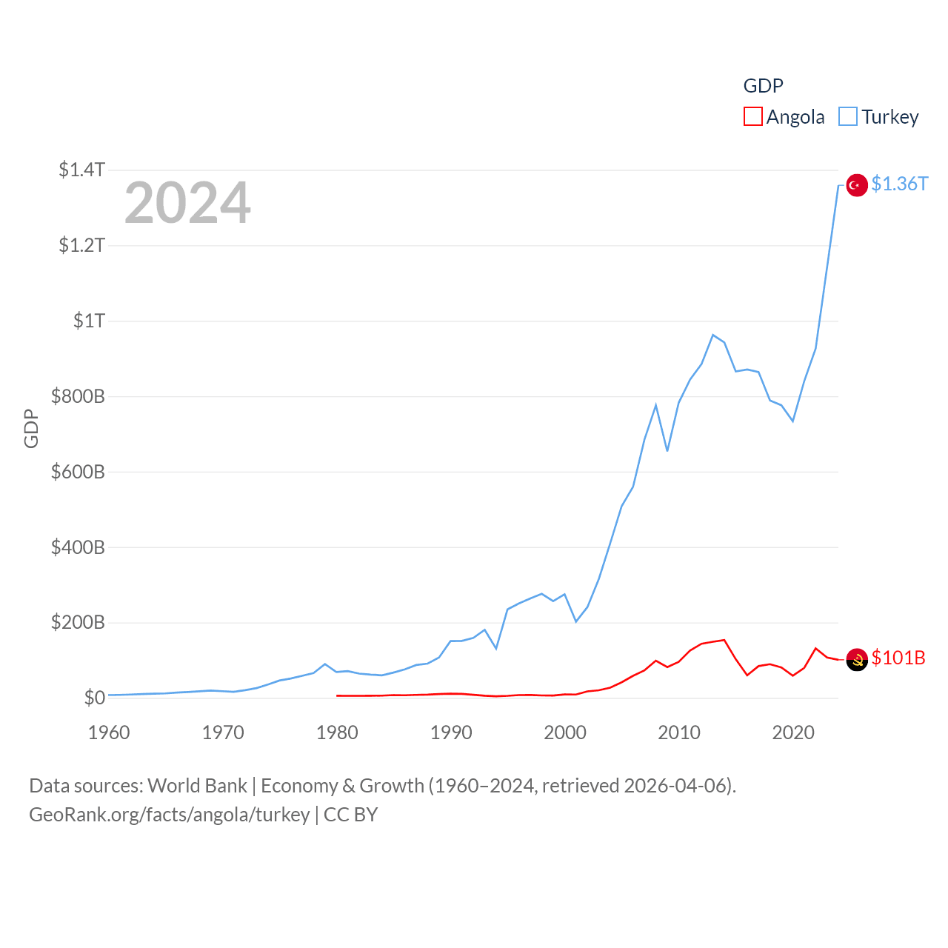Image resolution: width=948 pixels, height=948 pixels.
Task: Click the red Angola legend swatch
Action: [x=752, y=117]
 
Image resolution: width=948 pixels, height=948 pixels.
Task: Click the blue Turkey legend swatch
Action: [x=847, y=117]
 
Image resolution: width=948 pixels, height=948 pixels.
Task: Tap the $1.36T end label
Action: [x=899, y=184]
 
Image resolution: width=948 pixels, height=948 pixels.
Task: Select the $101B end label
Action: [x=898, y=658]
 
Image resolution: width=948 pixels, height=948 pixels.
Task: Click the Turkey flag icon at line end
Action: [x=857, y=185]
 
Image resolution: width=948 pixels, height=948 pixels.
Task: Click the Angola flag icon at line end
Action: [x=857, y=659]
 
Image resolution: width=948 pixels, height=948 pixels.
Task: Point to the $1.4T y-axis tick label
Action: [x=81, y=170]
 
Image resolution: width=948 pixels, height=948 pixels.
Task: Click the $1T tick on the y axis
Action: [x=89, y=321]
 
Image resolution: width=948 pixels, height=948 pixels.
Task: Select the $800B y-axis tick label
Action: [x=78, y=396]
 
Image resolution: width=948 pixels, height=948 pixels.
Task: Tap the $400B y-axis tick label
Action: [x=78, y=547]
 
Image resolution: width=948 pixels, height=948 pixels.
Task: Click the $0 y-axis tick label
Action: [x=94, y=698]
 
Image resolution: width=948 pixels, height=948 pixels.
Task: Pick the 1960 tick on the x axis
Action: [x=109, y=732]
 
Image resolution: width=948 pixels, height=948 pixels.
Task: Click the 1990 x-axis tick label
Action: [x=451, y=732]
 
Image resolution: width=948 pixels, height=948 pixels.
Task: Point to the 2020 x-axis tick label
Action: [x=793, y=732]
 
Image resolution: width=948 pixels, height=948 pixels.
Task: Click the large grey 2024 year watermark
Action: [x=187, y=203]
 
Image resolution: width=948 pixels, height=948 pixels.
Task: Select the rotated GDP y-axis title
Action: [x=31, y=428]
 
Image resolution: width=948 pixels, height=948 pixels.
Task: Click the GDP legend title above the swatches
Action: [x=763, y=86]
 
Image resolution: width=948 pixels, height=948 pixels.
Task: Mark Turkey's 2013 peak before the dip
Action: [x=712, y=335]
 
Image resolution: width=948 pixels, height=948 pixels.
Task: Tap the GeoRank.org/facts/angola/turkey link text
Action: [x=169, y=815]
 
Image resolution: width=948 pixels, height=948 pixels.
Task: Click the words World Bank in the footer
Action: [x=197, y=786]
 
